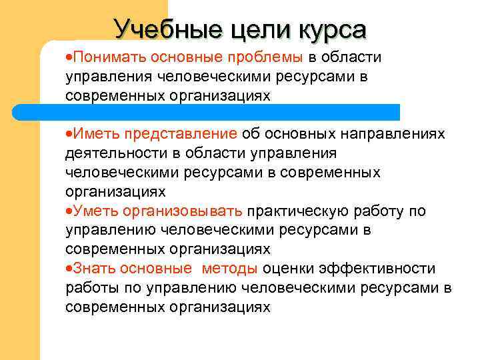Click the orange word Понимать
coord(111,58)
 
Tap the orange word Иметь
coord(93,134)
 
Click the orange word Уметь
coord(93,211)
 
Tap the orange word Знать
coord(92,269)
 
